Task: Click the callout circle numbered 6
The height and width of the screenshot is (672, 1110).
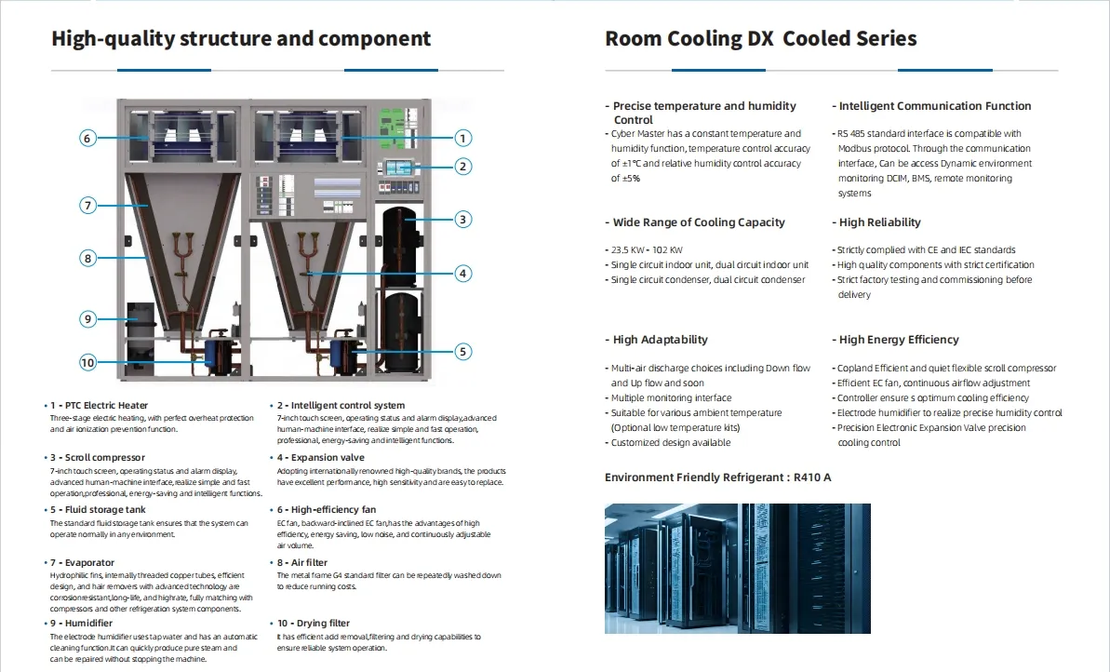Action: tap(87, 139)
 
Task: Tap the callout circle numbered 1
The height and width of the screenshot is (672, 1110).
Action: tap(462, 139)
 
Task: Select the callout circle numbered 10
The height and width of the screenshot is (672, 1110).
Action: tap(87, 362)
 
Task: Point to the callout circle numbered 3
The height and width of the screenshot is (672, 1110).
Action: tap(462, 221)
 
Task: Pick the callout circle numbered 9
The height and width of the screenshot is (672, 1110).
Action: tap(87, 319)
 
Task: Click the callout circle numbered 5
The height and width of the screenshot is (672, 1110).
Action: tap(462, 352)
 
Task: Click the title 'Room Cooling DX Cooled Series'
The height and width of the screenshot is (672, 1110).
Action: tap(760, 39)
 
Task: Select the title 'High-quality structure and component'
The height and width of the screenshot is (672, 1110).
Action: tap(241, 39)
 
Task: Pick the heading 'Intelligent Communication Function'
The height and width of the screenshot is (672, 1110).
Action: tap(934, 106)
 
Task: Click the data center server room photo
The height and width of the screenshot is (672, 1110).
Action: tap(738, 568)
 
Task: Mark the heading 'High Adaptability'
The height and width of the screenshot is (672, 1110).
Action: tap(660, 340)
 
